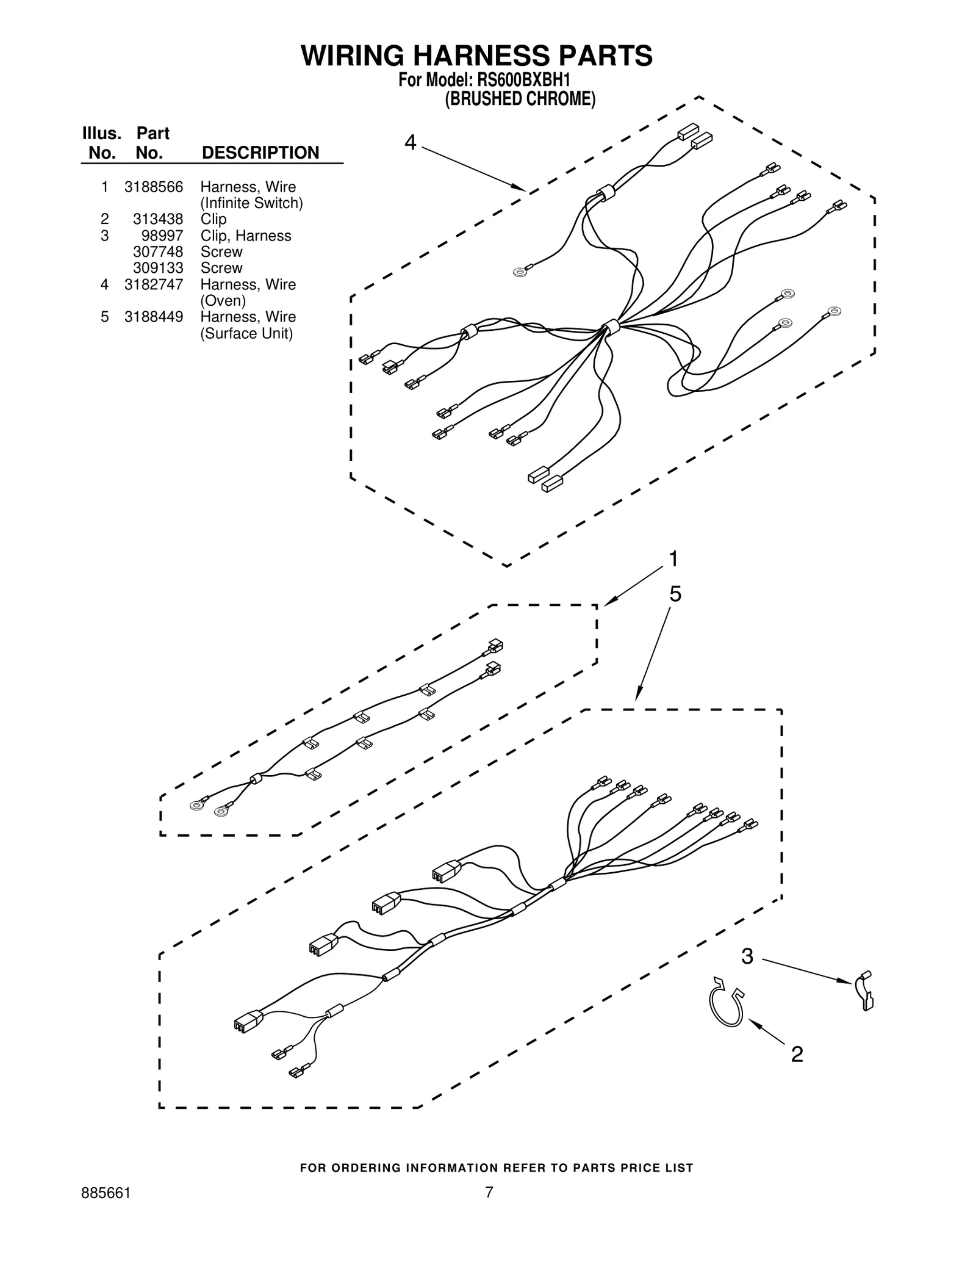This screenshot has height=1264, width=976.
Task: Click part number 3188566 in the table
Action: [x=154, y=187]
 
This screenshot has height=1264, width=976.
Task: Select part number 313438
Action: [x=158, y=219]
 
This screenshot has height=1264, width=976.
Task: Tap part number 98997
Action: [x=162, y=236]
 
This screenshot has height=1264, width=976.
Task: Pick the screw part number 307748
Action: [x=158, y=251]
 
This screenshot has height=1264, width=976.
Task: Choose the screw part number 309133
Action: [x=158, y=268]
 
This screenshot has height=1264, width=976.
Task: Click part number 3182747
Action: [x=154, y=284]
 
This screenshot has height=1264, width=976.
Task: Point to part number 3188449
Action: [x=154, y=317]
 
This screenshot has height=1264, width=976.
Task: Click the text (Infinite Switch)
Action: [x=251, y=203]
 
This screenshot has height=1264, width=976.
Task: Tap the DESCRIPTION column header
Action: [x=260, y=153]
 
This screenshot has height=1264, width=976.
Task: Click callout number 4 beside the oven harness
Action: [x=411, y=143]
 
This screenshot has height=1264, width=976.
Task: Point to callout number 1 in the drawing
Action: [x=673, y=558]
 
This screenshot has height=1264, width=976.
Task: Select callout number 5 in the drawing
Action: [x=675, y=594]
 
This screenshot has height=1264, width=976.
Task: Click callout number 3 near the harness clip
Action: [x=747, y=956]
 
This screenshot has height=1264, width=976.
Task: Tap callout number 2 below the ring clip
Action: [x=797, y=1054]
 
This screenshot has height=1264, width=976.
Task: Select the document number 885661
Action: [x=106, y=1193]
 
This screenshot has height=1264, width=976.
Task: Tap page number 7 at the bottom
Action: [x=489, y=1193]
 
